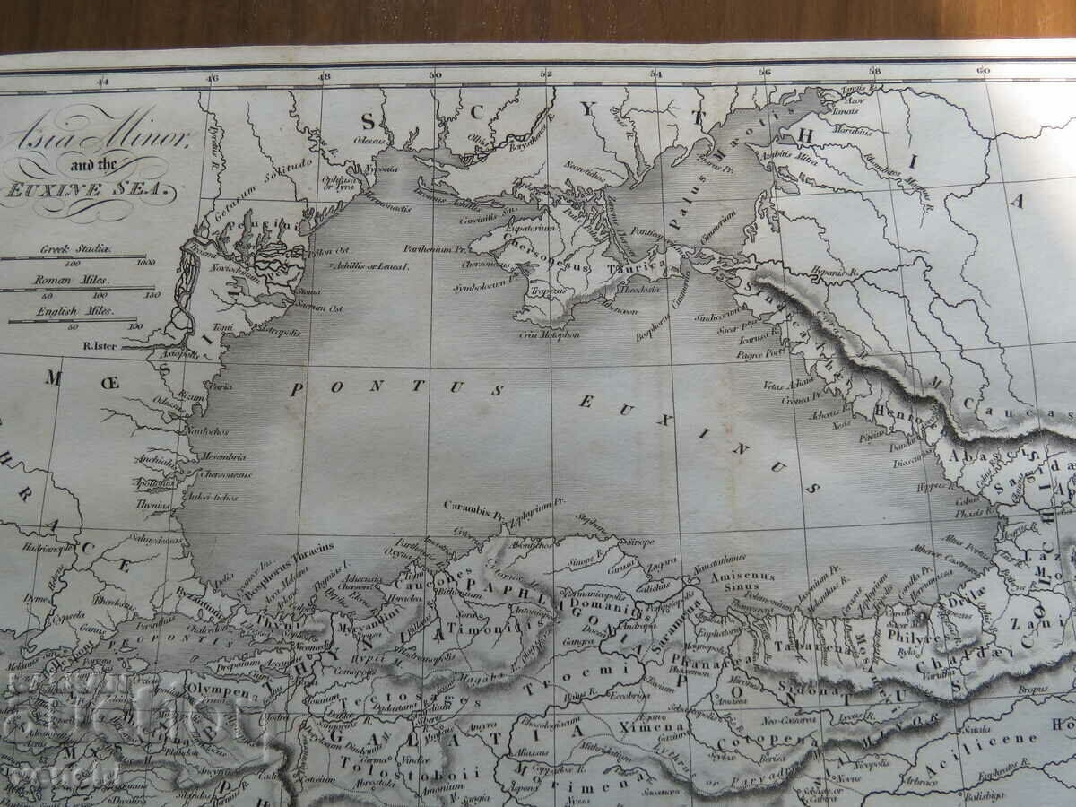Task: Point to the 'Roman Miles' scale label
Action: coord(80,279)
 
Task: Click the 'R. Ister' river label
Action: coord(100,344)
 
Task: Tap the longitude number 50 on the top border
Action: coord(435,75)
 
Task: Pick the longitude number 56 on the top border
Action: coord(765,73)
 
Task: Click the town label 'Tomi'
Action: coord(223,327)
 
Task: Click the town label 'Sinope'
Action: coord(640,542)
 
